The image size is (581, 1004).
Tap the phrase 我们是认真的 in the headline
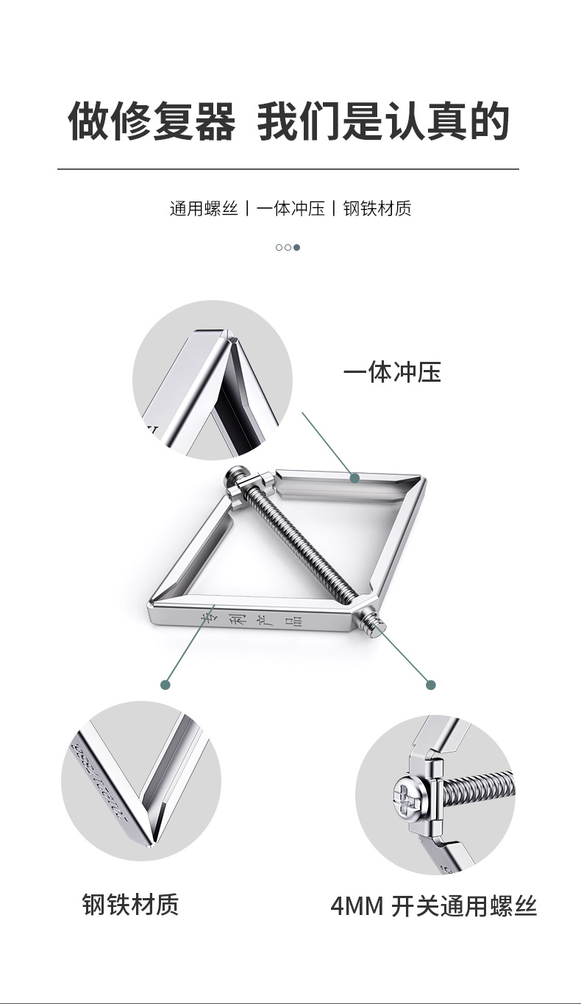point(383,121)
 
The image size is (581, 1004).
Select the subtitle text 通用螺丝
point(204,209)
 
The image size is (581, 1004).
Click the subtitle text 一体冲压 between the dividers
point(290,209)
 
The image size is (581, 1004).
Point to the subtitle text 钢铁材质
point(377,209)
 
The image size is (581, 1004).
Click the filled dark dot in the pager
point(296,247)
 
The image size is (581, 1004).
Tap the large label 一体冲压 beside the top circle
point(392,373)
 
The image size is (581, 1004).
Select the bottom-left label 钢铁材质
point(130,904)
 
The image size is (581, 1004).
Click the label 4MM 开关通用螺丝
point(434,906)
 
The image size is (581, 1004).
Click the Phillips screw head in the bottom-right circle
point(407,796)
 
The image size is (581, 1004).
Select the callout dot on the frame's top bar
point(354,478)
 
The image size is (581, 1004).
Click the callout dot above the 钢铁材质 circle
point(165,685)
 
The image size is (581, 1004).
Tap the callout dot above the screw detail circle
point(431,685)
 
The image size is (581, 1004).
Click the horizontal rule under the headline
point(288,169)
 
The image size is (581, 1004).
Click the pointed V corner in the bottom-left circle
point(150,842)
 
